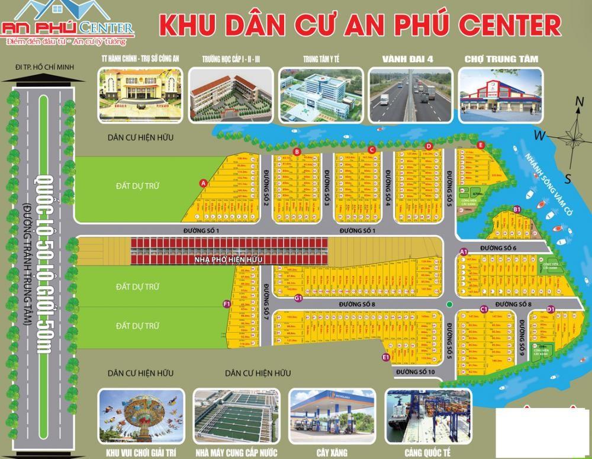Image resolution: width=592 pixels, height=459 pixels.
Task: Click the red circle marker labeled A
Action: pos(203,184)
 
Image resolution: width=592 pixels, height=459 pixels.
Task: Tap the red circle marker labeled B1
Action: pos(516,209)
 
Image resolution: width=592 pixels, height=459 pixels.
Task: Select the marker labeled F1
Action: pos(226,304)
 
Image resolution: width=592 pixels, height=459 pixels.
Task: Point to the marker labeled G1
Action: pos(298,297)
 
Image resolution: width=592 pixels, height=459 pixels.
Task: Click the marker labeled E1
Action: pos(385,357)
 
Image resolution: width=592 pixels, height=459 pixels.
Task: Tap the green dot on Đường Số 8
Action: pos(450,304)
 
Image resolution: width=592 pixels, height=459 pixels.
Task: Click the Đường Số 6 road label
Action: pos(498,248)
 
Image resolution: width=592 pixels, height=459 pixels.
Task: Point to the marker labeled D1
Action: pos(551,309)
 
